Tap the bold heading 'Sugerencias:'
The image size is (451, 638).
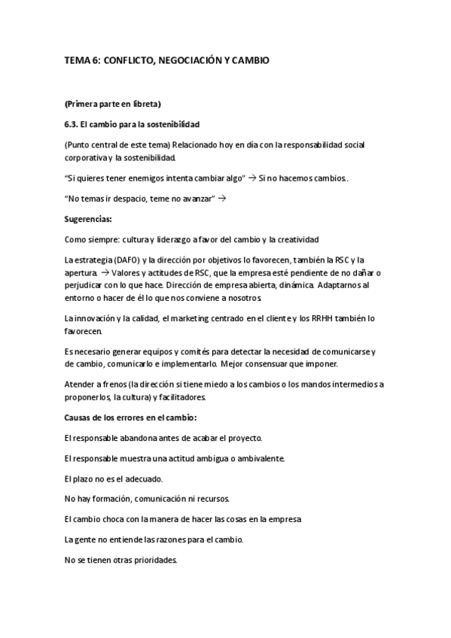click(88, 220)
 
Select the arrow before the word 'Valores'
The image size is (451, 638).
click(104, 272)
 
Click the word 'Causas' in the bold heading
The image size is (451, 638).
click(80, 417)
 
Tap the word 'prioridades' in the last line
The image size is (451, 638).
click(151, 560)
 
